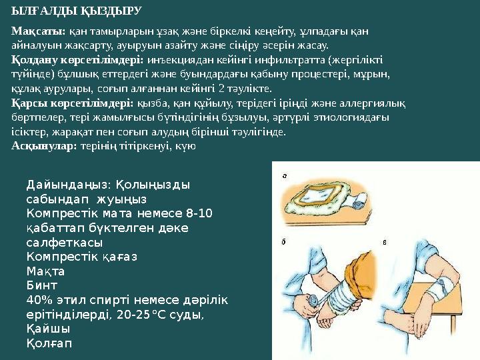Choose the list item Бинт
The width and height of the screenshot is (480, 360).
tap(41, 285)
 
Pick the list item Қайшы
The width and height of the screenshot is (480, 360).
tap(48, 329)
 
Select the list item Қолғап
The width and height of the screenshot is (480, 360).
tap(49, 343)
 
